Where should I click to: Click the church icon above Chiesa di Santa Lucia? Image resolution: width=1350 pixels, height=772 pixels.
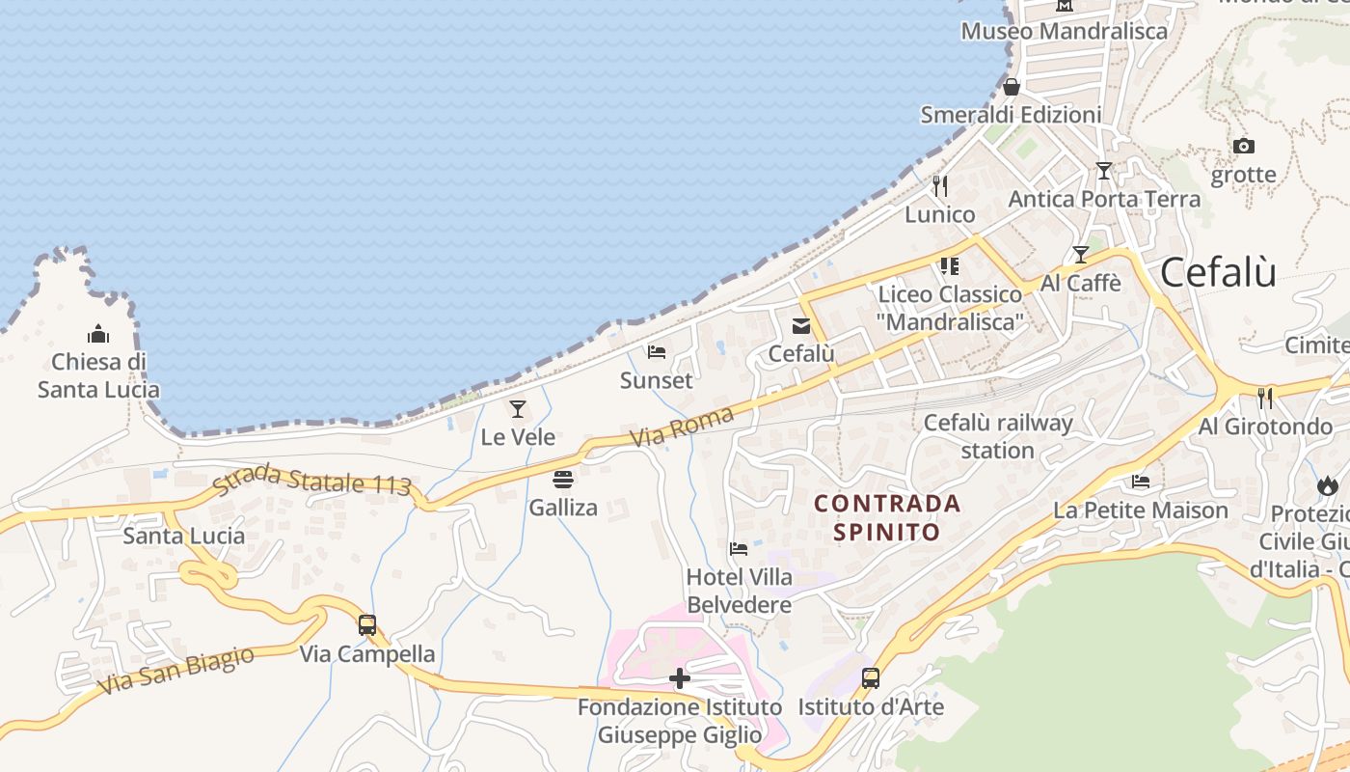point(98,334)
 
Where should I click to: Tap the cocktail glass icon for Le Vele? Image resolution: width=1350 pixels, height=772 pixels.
point(518,409)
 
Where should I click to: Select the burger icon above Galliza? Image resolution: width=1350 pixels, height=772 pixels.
point(563,479)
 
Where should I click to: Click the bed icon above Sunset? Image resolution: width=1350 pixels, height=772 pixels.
point(657,352)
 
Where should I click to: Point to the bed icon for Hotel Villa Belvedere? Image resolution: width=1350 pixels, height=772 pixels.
point(739,549)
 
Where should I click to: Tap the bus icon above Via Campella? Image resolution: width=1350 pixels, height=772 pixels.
point(367,624)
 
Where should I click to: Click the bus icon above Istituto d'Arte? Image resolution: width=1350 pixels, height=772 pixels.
point(871,677)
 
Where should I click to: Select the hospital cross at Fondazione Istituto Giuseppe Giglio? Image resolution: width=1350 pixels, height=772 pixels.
point(680,678)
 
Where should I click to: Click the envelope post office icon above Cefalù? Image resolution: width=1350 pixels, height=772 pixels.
point(801,326)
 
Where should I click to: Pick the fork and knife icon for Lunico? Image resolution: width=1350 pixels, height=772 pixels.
point(940,185)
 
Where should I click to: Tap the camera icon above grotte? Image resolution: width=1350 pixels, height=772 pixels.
point(1244,147)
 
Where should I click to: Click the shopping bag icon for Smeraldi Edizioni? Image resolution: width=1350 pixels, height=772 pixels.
point(1012,87)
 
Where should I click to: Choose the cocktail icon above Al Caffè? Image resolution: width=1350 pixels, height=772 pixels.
point(1081,255)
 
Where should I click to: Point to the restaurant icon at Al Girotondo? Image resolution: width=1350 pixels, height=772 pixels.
point(1265,397)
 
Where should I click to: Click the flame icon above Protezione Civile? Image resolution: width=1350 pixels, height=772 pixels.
point(1328,485)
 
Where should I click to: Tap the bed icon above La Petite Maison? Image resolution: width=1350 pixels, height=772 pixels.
point(1141,482)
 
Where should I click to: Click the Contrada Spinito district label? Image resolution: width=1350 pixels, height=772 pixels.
point(887,517)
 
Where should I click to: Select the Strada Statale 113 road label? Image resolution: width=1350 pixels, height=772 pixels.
point(311,481)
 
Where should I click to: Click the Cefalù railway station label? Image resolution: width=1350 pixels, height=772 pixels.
point(998,436)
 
